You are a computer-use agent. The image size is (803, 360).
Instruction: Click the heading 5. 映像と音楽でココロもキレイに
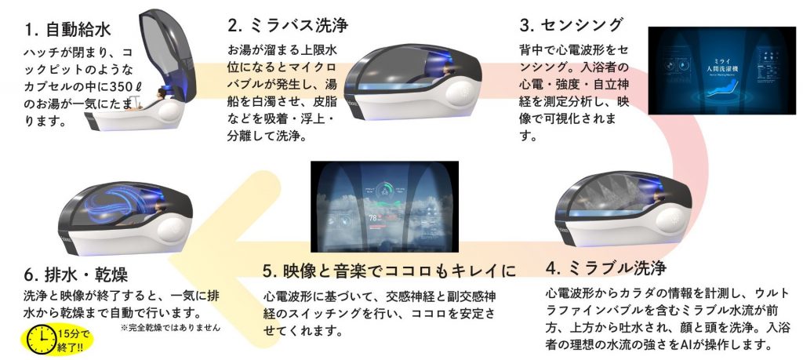(390, 271)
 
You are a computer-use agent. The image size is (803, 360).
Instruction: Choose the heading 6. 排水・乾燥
(76, 276)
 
